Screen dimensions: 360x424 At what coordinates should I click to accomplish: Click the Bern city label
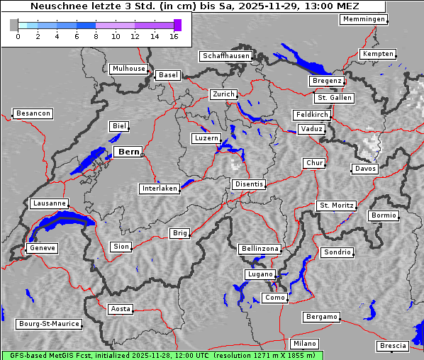coord(128,152)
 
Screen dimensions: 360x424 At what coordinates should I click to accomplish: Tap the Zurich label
coord(223,94)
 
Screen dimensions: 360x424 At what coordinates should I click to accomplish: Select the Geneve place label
coord(42,248)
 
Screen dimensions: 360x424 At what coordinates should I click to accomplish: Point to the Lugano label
coord(260,274)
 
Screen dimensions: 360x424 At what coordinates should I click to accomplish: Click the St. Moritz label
coord(336,206)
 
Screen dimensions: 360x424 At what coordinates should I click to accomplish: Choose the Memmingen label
coord(364,19)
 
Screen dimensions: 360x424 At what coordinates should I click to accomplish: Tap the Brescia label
coord(393,346)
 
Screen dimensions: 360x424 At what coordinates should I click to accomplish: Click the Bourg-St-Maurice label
coord(49,324)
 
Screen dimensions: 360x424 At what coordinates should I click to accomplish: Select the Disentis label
coord(249,184)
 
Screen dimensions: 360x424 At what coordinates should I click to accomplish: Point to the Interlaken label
coord(160,189)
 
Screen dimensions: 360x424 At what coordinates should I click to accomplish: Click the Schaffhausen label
coord(226,55)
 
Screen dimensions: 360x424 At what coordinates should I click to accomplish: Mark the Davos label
coord(366,169)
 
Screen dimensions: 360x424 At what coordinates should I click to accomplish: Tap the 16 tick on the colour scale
coord(174,35)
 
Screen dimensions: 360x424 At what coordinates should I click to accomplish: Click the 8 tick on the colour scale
coord(96,35)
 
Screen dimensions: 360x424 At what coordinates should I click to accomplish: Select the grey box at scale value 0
coord(14,25)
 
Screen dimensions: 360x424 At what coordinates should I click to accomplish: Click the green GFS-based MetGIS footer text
coord(162,355)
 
